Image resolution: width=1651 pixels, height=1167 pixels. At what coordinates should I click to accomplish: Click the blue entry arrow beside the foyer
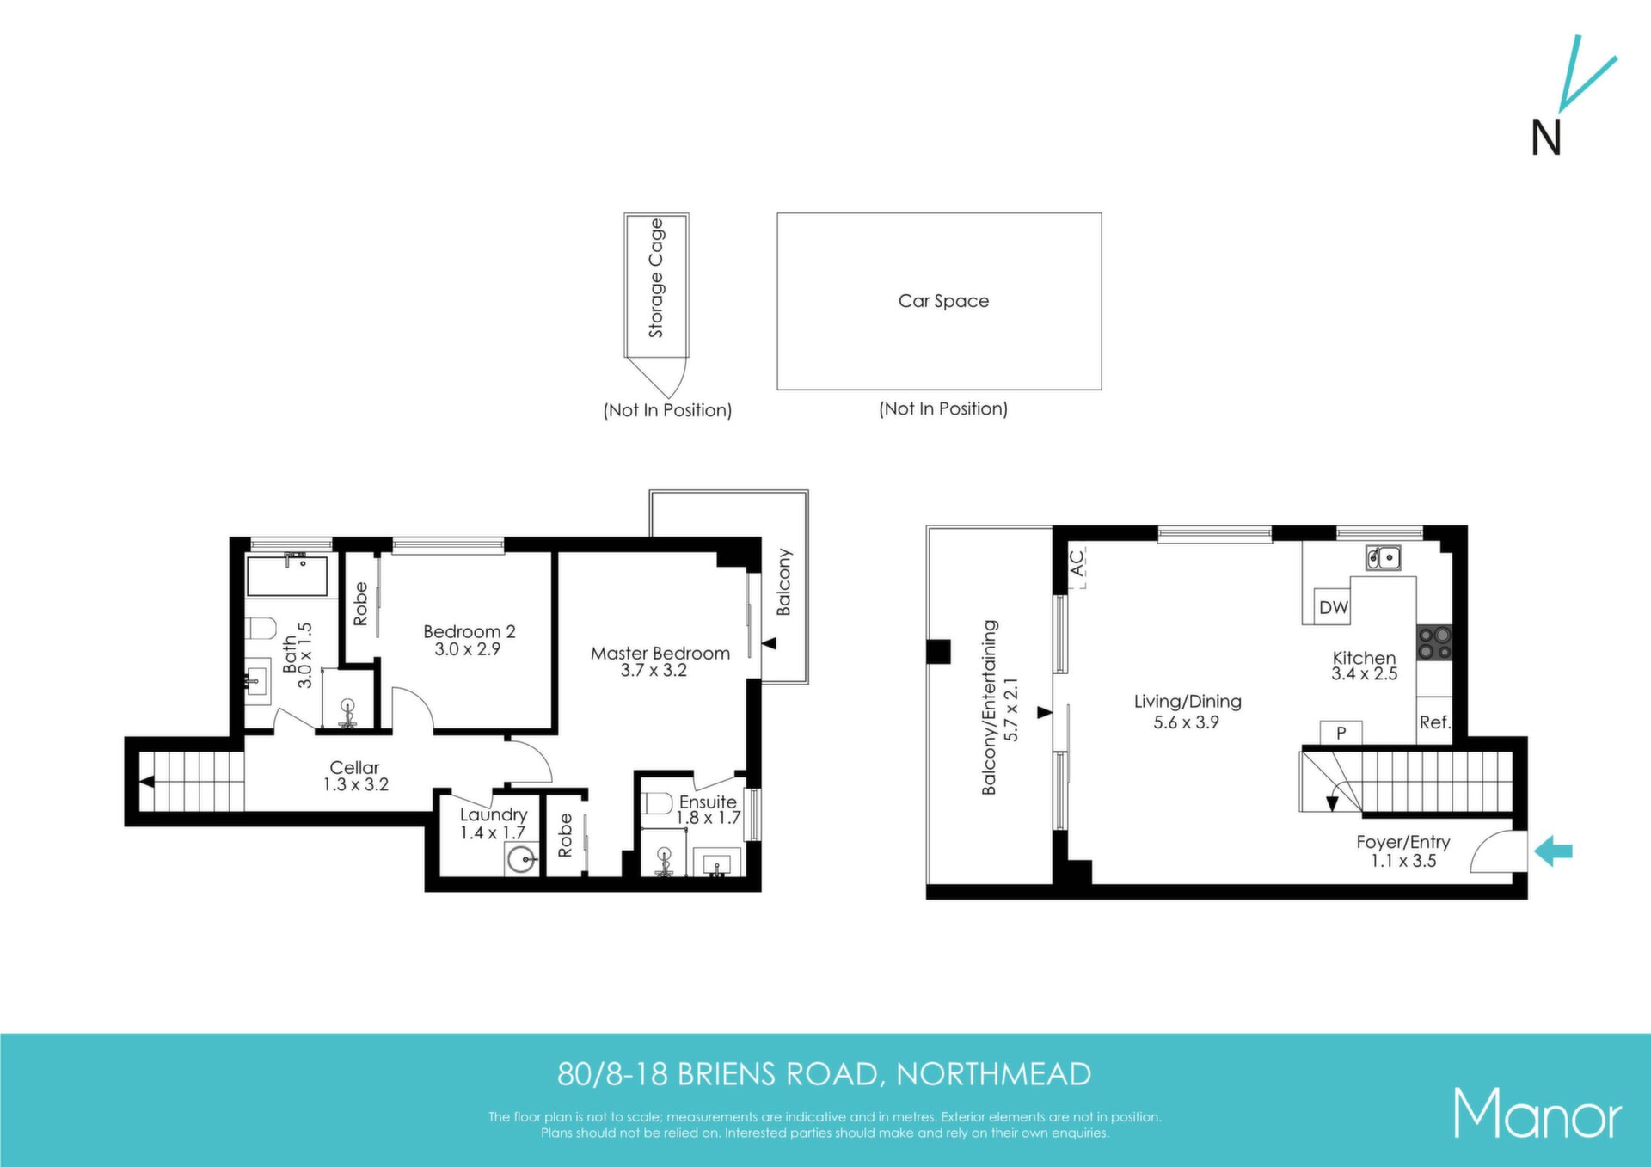pos(1553,851)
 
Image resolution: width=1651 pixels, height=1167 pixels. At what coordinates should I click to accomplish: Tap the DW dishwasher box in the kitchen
pos(1333,607)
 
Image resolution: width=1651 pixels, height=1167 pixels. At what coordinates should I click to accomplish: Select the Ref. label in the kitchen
pos(1434,722)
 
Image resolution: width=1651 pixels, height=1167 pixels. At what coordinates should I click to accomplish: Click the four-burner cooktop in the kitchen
pos(1434,642)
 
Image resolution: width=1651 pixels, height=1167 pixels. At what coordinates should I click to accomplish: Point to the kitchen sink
pos(1384,557)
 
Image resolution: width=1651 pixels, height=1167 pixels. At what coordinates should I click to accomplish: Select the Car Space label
pos(943,301)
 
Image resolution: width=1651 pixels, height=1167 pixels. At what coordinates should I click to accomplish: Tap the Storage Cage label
pos(656,278)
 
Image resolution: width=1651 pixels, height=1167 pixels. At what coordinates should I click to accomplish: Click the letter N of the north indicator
pos(1546,138)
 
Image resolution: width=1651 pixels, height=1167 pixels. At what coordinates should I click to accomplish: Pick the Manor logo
pos(1537,1114)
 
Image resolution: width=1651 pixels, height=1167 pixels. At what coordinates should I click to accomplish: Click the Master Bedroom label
pos(660,654)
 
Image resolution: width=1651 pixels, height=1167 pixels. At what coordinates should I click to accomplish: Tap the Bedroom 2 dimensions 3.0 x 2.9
pos(467,649)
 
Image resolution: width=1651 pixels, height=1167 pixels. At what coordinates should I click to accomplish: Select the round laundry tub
pos(521,859)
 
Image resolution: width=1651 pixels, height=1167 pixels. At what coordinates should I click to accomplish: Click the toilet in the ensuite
pos(657,803)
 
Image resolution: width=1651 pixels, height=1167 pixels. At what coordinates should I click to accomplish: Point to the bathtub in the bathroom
pos(287,575)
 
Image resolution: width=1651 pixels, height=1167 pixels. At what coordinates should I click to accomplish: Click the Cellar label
pos(354,767)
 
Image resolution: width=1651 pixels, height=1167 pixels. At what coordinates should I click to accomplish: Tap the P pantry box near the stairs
pos(1341,734)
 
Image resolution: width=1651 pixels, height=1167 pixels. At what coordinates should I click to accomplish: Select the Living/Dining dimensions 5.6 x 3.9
pos(1187,722)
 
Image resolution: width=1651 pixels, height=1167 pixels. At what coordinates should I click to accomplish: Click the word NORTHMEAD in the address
pos(994,1074)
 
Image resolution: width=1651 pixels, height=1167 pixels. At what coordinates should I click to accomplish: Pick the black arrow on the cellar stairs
pos(147,782)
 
